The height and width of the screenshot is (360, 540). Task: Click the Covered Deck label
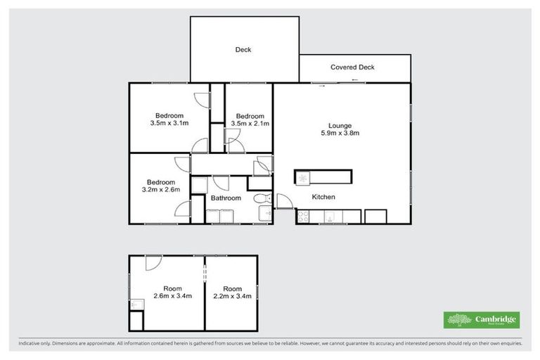pyautogui.click(x=352, y=67)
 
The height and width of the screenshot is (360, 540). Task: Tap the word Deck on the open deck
pyautogui.click(x=243, y=50)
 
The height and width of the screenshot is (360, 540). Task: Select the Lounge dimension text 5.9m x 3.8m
pyautogui.click(x=340, y=132)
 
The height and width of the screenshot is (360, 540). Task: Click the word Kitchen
pyautogui.click(x=323, y=198)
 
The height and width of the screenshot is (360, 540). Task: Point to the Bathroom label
pyautogui.click(x=226, y=198)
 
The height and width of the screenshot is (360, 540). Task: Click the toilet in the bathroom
pyautogui.click(x=262, y=198)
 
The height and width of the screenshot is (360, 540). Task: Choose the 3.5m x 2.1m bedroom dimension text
pyautogui.click(x=250, y=124)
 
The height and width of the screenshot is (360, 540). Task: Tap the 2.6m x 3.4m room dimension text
pyautogui.click(x=172, y=297)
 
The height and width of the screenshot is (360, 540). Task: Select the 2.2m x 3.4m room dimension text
pyautogui.click(x=231, y=297)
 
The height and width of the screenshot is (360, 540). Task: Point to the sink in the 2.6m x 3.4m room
pyautogui.click(x=136, y=304)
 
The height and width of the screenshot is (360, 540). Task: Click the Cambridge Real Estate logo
pyautogui.click(x=482, y=320)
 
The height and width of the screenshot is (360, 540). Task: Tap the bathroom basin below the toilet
pyautogui.click(x=264, y=214)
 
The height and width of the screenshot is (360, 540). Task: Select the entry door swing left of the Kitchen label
pyautogui.click(x=284, y=202)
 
